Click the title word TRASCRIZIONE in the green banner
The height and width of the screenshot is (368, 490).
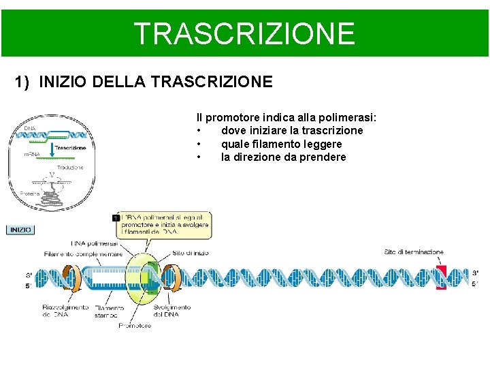[244, 33]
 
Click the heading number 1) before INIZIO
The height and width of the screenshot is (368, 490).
[23, 82]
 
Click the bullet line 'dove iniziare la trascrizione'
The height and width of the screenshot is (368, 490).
[292, 131]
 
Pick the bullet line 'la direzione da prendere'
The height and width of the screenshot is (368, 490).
[283, 157]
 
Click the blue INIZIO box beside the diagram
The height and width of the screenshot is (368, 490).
[20, 230]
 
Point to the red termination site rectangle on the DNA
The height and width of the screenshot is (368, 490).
[442, 278]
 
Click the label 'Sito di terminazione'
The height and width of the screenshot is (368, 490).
[414, 252]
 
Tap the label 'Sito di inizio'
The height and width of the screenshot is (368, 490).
[191, 253]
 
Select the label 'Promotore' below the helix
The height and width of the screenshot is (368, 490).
[135, 326]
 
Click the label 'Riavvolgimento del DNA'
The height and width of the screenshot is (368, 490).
[65, 311]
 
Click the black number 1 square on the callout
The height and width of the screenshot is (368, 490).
[116, 217]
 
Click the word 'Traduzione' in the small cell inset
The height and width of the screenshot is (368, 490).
[70, 167]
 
